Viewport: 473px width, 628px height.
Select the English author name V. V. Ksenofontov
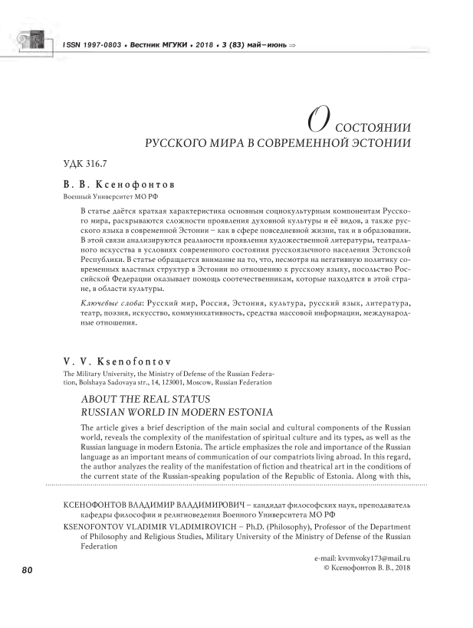(110, 359)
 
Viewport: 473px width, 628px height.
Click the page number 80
(26, 570)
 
